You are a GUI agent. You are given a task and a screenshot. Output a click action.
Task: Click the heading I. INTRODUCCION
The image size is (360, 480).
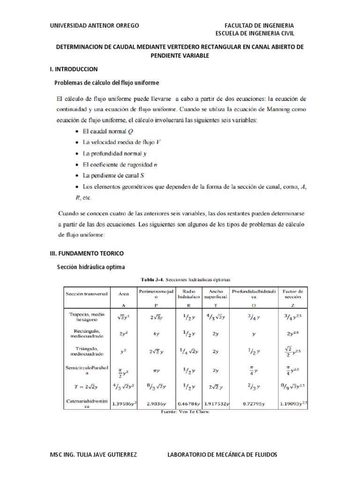[74, 69]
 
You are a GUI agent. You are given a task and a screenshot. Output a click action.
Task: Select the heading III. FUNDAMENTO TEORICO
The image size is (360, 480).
[87, 253]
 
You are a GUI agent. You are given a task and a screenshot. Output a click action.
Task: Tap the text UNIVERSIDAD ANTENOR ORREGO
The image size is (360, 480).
[94, 25]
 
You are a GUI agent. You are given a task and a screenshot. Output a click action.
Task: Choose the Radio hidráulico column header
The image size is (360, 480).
[188, 294]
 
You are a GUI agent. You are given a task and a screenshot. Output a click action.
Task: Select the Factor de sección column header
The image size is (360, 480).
[293, 294]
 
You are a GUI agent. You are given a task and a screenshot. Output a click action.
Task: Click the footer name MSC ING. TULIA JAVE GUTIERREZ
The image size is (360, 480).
[93, 455]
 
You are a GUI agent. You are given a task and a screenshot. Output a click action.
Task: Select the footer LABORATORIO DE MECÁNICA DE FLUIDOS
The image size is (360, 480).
[222, 455]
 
